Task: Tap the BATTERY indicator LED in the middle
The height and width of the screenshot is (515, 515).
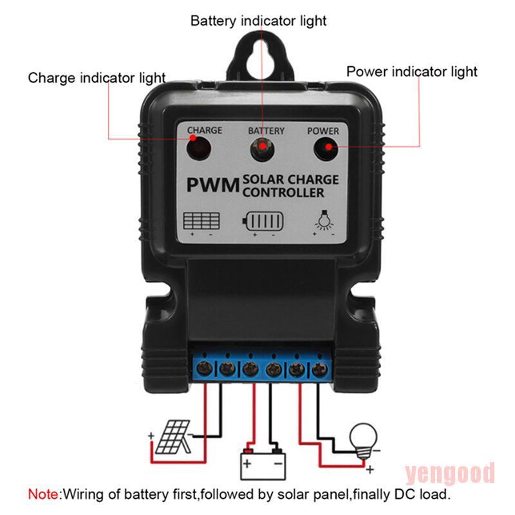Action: click(263, 151)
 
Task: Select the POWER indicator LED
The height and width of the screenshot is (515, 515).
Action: click(326, 151)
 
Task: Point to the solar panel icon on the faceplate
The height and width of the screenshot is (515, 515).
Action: click(201, 221)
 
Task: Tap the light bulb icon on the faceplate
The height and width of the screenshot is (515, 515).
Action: click(323, 221)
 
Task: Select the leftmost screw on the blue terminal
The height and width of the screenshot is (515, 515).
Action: click(205, 370)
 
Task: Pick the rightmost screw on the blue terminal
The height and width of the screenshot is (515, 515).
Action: click(319, 370)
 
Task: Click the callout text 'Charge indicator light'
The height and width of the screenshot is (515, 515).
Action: click(97, 79)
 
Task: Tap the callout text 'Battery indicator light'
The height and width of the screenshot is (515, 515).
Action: click(258, 21)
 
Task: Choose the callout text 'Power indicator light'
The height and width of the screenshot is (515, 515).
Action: click(412, 71)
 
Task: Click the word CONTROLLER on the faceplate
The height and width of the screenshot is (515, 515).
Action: click(283, 192)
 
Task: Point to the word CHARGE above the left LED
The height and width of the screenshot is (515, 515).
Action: click(205, 130)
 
